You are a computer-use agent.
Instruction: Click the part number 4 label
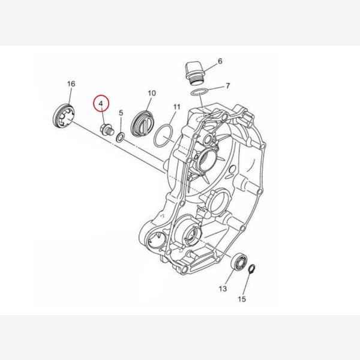[101, 104]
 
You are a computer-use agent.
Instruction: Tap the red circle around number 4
[101, 103]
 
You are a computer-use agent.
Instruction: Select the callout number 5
[121, 113]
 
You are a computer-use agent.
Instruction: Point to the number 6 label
[220, 61]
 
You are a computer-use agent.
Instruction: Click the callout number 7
[227, 86]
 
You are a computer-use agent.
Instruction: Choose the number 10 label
[152, 93]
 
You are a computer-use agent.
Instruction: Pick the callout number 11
[176, 107]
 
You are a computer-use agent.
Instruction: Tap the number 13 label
[223, 289]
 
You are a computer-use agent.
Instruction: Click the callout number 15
[242, 299]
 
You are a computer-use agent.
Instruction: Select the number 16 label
[71, 84]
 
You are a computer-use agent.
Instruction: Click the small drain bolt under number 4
[107, 130]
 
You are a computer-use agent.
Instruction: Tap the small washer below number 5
[121, 137]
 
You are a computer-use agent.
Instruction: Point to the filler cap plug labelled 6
[195, 73]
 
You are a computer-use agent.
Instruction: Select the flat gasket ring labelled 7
[200, 92]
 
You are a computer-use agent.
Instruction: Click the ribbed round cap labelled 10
[142, 125]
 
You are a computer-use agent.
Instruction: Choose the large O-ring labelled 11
[163, 136]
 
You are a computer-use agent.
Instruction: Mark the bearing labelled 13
[239, 261]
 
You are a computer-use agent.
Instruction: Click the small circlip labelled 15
[252, 269]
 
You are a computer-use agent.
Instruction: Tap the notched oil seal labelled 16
[64, 116]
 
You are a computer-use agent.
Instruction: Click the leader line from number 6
[209, 67]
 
